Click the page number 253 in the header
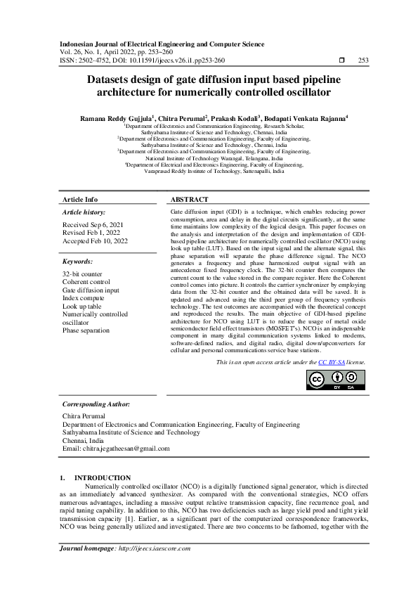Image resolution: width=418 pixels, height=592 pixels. point(363,60)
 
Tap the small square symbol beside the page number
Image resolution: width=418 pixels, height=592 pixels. point(341,60)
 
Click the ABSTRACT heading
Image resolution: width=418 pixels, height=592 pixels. point(189,200)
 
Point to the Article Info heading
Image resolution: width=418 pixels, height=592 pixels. point(80,200)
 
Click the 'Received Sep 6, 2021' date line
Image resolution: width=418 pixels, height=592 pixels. point(93,224)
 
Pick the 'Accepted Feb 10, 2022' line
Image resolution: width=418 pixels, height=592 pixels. point(95,241)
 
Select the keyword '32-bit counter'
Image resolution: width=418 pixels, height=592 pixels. point(82,273)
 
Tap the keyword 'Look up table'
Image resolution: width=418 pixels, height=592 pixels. point(81,307)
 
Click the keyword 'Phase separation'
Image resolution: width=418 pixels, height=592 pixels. point(86,330)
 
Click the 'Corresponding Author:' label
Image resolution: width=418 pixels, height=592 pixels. point(96,404)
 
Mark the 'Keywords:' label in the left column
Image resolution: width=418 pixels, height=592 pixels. point(77,261)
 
